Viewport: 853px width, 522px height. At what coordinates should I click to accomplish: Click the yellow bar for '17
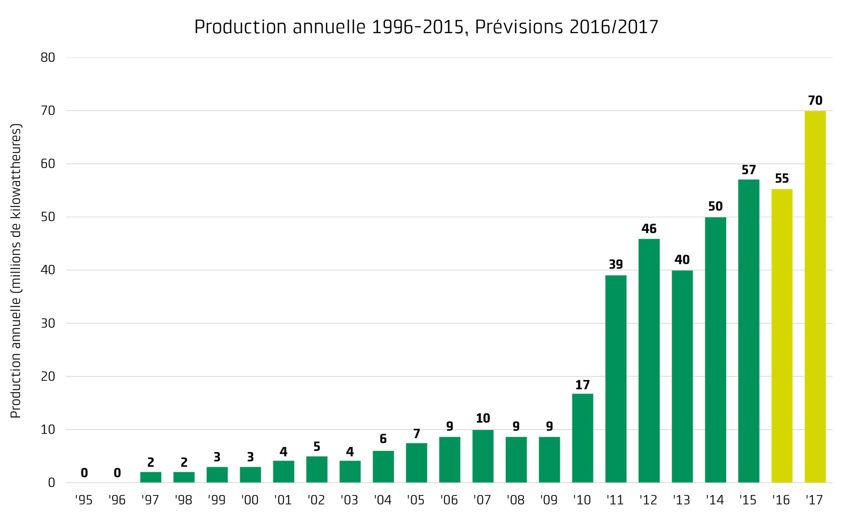point(815,297)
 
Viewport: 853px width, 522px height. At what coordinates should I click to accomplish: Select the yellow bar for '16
point(782,336)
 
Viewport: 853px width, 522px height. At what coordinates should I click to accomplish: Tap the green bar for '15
point(749,331)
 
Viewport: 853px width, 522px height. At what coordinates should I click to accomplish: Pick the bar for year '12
point(649,361)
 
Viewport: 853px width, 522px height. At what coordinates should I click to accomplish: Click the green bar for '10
point(583,438)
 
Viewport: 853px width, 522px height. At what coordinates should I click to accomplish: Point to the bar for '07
point(483,456)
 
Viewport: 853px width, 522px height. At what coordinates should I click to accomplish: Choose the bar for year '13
point(682,377)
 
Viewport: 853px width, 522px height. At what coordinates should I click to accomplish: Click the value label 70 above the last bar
point(815,100)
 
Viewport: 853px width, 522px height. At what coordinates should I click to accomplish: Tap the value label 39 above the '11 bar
point(616,264)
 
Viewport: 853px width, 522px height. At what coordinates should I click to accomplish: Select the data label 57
point(749,170)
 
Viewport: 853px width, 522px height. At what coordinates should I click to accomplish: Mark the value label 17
point(583,385)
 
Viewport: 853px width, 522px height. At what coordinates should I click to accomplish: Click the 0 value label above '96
point(117,473)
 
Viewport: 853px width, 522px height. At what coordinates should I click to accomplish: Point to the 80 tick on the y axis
point(48,58)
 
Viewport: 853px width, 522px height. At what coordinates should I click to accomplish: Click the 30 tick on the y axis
point(48,323)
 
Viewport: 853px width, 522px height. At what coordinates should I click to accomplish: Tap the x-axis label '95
point(84,500)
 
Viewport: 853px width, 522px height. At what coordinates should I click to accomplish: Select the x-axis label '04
point(382,500)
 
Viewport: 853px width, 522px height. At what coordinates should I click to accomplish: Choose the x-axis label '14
point(715,500)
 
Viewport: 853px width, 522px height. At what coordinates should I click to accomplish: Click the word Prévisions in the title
point(519,27)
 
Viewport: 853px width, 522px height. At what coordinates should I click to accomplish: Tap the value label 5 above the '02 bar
point(317,447)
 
